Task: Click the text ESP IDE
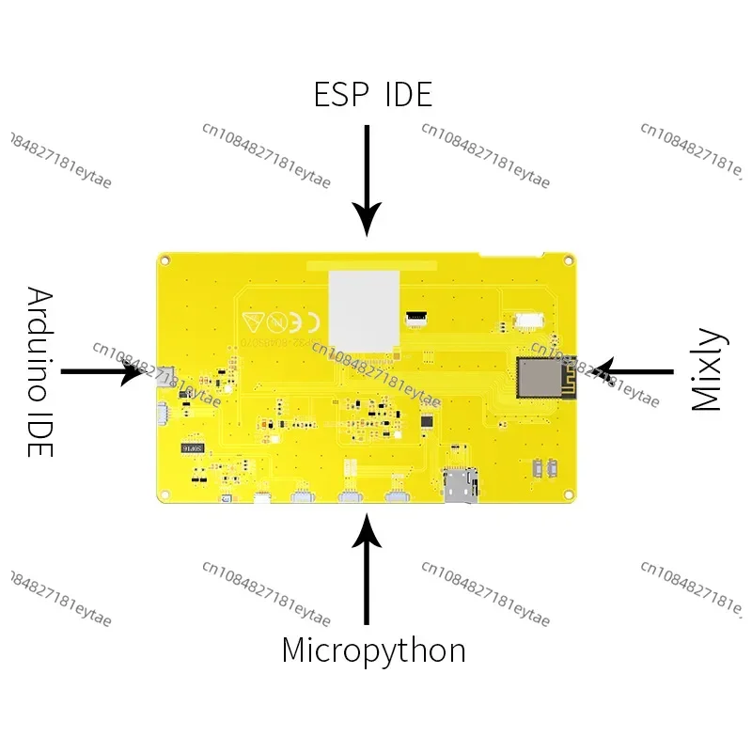tap(373, 95)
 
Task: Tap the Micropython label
tap(373, 650)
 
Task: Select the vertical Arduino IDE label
tap(39, 372)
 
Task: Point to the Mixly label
tap(706, 370)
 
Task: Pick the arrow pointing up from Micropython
tap(368, 574)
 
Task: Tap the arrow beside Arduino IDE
tap(102, 372)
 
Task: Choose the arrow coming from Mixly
tap(635, 371)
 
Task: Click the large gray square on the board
tap(364, 309)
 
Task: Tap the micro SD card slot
tap(460, 484)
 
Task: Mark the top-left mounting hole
tap(165, 258)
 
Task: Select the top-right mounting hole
tap(567, 258)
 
